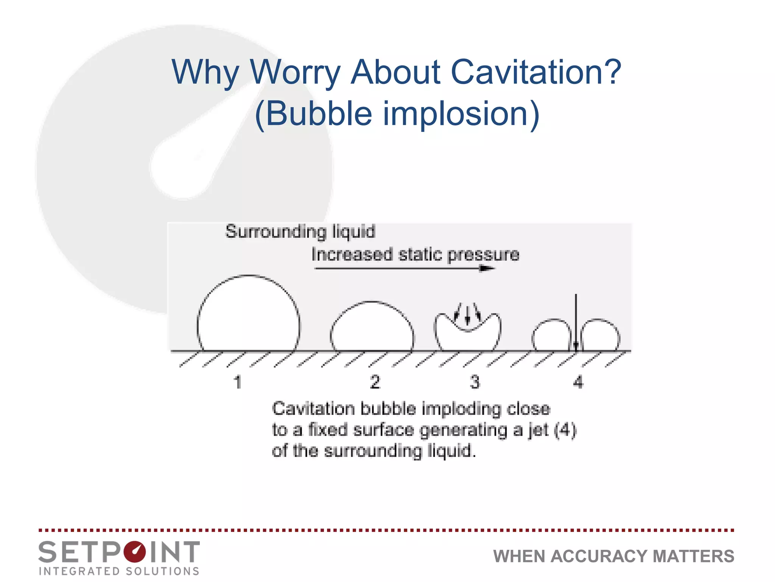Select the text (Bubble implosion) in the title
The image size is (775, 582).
(397, 114)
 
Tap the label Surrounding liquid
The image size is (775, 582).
(300, 232)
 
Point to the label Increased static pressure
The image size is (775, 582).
(415, 255)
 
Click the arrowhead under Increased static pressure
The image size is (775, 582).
(487, 269)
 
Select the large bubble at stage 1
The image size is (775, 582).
(248, 314)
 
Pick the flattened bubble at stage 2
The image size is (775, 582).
(372, 328)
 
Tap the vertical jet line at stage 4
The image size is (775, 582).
(576, 322)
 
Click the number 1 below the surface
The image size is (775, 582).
(238, 382)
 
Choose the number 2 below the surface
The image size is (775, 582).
(375, 382)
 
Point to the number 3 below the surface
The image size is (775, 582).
(475, 382)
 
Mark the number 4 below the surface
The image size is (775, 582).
(578, 382)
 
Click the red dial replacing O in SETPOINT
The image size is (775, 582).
(134, 552)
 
